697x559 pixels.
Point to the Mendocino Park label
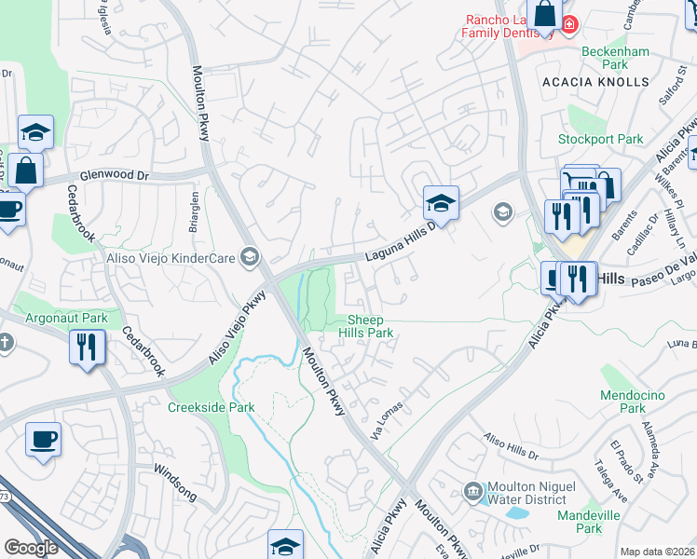pyautogui.click(x=632, y=402)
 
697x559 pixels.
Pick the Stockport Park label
pyautogui.click(x=600, y=140)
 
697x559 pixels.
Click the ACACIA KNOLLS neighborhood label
pyautogui.click(x=594, y=82)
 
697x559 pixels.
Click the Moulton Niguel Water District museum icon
pyautogui.click(x=471, y=490)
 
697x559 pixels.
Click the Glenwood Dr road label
pyautogui.click(x=115, y=174)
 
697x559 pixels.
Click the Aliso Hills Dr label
pyautogui.click(x=510, y=446)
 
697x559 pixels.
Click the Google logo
pyautogui.click(x=31, y=548)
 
